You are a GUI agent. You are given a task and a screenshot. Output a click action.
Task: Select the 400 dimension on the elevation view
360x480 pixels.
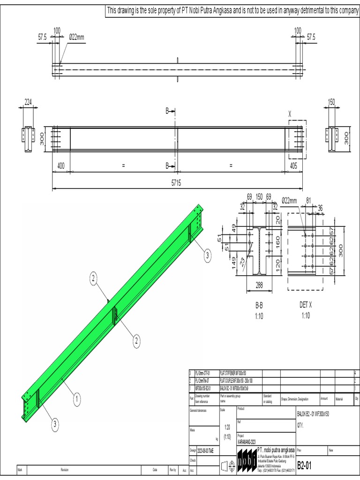pyautogui.click(x=61, y=166)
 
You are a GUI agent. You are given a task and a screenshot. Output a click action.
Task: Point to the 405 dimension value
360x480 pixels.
pyautogui.click(x=293, y=166)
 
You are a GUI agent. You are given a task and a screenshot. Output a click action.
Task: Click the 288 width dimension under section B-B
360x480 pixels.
pyautogui.click(x=259, y=284)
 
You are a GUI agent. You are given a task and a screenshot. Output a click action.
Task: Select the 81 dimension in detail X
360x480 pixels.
pyautogui.click(x=308, y=201)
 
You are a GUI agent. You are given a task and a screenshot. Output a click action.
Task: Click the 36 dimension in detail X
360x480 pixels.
pyautogui.click(x=321, y=208)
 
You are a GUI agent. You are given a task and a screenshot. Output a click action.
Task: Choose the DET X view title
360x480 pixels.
pyautogui.click(x=305, y=304)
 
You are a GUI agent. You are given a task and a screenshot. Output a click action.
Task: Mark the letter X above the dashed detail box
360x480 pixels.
pyautogui.click(x=290, y=113)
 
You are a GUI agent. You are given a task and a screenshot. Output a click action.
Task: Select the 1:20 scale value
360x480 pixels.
pyautogui.click(x=227, y=427)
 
